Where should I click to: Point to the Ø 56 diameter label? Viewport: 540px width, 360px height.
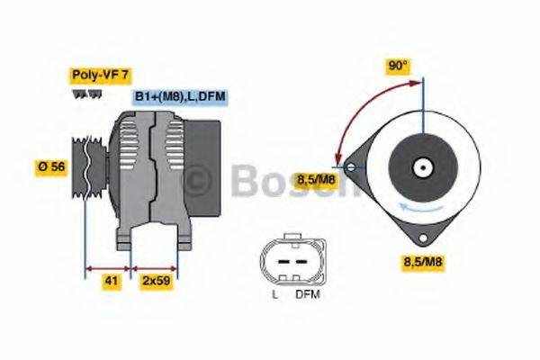click(50, 167)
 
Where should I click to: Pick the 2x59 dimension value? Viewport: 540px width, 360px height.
click(157, 281)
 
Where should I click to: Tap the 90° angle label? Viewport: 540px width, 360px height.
click(397, 67)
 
